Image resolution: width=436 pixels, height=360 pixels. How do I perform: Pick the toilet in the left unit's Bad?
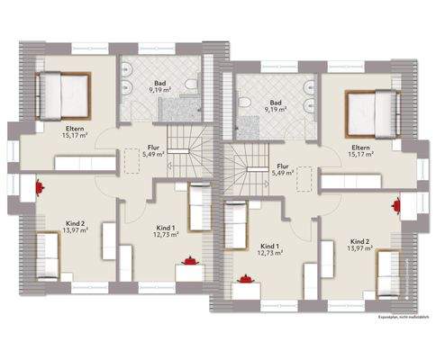193,85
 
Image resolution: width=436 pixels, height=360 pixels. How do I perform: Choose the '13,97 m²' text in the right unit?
360,249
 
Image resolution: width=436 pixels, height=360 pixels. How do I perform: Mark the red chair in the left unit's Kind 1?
189,261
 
